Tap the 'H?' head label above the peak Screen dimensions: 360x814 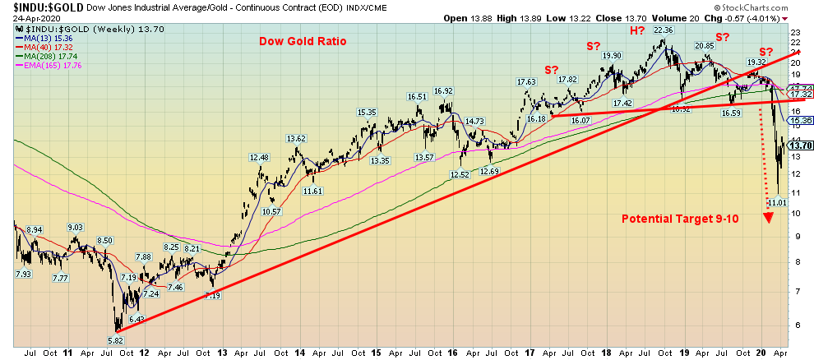pos(637,31)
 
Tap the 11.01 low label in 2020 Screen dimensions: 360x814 pos(777,201)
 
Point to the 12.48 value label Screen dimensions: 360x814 pos(259,158)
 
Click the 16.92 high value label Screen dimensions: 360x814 pos(444,91)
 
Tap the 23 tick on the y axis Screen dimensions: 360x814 pos(794,32)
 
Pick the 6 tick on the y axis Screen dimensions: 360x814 pos(794,324)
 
